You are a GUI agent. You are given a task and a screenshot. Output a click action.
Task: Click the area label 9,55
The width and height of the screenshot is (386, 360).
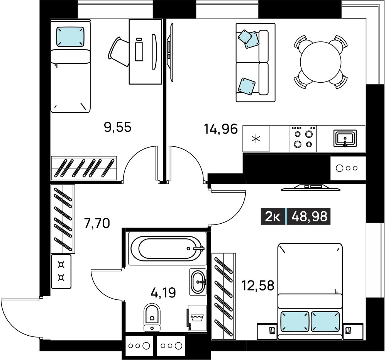tap(118, 127)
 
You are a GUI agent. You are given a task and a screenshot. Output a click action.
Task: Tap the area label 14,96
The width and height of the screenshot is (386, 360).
tap(221, 129)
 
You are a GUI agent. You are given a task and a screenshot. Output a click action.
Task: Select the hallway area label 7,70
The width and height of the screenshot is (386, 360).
tap(97, 224)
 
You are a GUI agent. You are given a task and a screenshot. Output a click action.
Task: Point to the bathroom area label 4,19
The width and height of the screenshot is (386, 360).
tap(163, 293)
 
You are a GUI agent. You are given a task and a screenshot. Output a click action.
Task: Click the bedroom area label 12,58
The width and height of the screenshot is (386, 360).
tap(258, 286)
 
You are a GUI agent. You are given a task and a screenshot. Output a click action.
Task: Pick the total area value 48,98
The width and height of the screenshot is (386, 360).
tap(309, 217)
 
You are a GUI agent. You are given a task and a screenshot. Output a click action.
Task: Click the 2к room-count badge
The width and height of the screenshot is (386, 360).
tap(273, 217)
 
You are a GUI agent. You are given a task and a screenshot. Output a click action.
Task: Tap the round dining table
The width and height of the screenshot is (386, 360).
tap(321, 62)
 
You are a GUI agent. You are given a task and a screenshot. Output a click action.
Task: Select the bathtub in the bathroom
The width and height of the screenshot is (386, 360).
tap(167, 248)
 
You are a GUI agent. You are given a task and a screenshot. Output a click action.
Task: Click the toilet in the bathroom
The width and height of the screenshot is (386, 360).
tap(152, 318)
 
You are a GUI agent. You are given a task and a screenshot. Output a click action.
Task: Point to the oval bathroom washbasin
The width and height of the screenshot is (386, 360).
tap(198, 282)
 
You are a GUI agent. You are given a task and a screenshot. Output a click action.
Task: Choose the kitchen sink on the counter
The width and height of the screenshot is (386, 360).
tap(345, 139)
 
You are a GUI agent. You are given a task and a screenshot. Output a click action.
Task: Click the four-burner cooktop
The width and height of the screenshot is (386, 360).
tap(303, 139)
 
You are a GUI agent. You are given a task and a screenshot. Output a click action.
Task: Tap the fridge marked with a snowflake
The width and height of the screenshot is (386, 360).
tap(256, 139)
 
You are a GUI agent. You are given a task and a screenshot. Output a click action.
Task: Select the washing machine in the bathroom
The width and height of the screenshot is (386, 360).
tap(197, 318)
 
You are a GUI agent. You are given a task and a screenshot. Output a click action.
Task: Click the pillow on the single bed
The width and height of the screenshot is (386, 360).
tap(70, 36)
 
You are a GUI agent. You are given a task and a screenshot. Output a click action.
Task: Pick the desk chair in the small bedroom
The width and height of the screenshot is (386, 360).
tap(119, 51)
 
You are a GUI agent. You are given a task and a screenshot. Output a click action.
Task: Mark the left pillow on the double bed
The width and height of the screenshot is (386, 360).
tap(295, 321)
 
